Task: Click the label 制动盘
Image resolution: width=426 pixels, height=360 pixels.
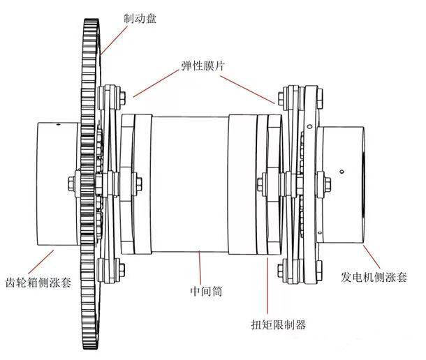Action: tap(139, 19)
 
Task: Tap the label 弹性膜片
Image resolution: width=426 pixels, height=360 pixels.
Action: tap(200, 68)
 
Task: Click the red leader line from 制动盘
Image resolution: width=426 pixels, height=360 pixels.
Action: tap(111, 38)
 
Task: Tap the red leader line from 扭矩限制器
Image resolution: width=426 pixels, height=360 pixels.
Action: tap(270, 286)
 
